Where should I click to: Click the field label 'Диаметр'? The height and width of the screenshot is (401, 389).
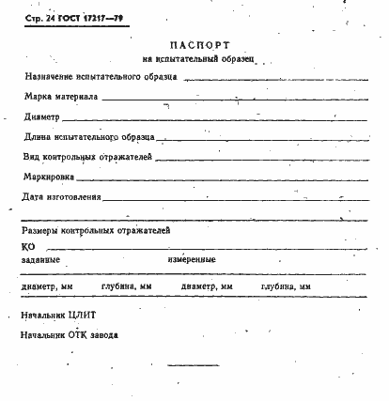click(43, 117)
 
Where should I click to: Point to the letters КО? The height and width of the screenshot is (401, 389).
click(27, 246)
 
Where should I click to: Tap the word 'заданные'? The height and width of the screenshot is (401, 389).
click(40, 259)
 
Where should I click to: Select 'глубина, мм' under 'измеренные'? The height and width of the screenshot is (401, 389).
click(287, 286)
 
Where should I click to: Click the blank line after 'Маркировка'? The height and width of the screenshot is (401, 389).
click(226, 179)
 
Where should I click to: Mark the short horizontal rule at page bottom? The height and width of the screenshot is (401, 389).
click(192, 366)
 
